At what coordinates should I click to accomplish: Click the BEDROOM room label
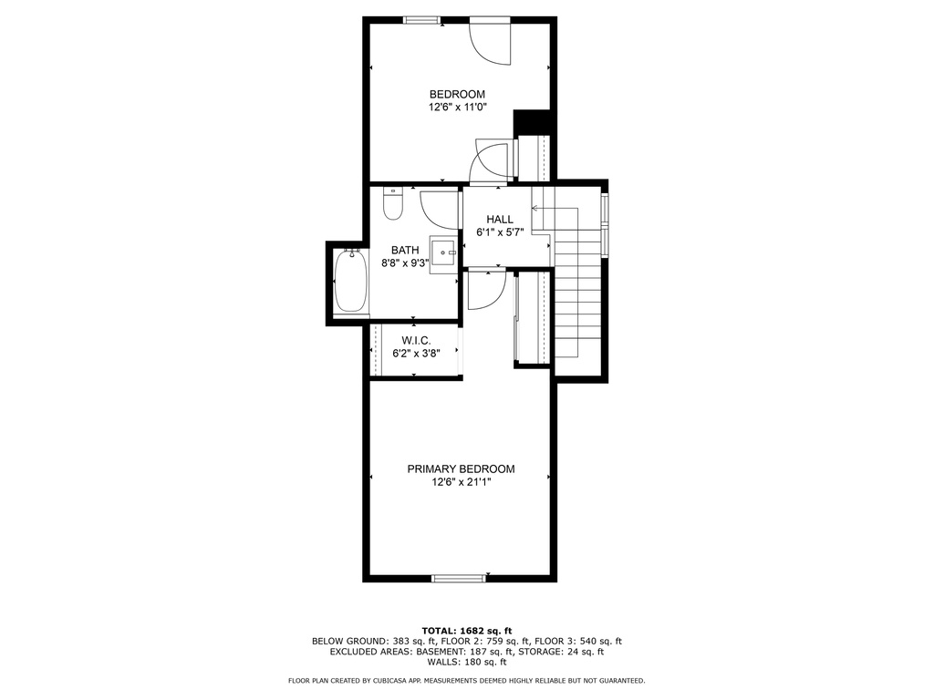pyautogui.click(x=458, y=94)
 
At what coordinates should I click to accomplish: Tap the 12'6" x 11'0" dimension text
pyautogui.click(x=458, y=108)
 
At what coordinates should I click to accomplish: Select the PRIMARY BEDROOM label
pyautogui.click(x=461, y=469)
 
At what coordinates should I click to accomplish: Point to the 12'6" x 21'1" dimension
pyautogui.click(x=461, y=483)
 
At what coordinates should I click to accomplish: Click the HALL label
pyautogui.click(x=500, y=219)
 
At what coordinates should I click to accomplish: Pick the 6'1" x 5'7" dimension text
pyautogui.click(x=500, y=232)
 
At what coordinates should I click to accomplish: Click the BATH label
pyautogui.click(x=405, y=250)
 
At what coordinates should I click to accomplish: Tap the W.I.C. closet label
pyautogui.click(x=416, y=341)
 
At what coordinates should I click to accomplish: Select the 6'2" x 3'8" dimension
pyautogui.click(x=416, y=354)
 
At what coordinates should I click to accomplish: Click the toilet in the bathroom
pyautogui.click(x=392, y=203)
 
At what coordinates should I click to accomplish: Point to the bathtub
pyautogui.click(x=351, y=281)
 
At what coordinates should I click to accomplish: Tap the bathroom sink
pyautogui.click(x=443, y=253)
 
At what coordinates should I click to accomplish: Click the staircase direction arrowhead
pyautogui.click(x=534, y=209)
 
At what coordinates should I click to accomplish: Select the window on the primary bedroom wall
pyautogui.click(x=459, y=577)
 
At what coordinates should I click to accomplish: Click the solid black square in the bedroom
pyautogui.click(x=532, y=123)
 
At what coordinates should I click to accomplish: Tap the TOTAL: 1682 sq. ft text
pyautogui.click(x=467, y=631)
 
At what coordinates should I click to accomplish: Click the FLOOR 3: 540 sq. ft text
pyautogui.click(x=577, y=642)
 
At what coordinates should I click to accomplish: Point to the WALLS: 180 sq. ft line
pyautogui.click(x=467, y=662)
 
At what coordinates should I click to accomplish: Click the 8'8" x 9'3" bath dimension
pyautogui.click(x=405, y=263)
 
